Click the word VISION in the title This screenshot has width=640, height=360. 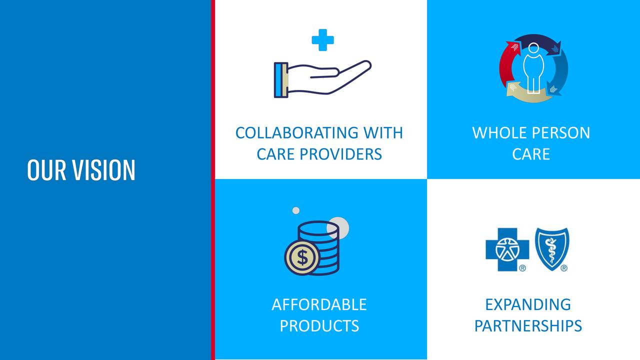(x=103, y=170)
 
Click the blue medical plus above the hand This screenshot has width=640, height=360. (x=322, y=40)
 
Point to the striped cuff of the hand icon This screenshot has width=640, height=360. (x=281, y=80)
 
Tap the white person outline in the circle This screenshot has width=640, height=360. (x=533, y=68)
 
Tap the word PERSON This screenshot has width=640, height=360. (x=561, y=133)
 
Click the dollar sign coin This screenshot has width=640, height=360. (x=302, y=257)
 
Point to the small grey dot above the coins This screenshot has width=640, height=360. (x=296, y=210)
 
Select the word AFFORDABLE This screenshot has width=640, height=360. (x=319, y=304)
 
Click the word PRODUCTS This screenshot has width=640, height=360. (x=319, y=325)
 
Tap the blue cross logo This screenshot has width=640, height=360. (x=507, y=249)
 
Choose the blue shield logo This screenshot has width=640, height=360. (x=552, y=249)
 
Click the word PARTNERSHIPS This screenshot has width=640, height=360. (x=528, y=325)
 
